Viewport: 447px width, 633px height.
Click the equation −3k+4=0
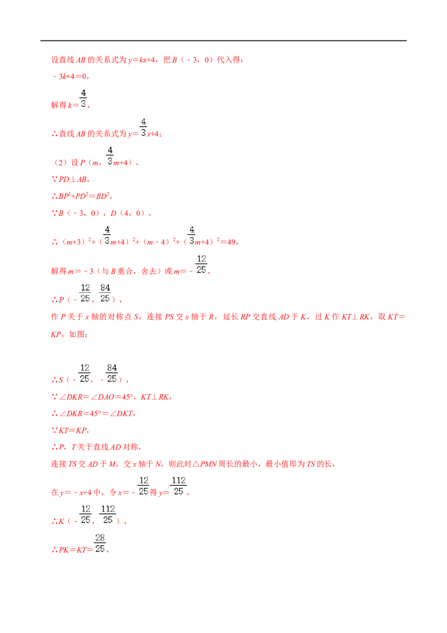[70, 76]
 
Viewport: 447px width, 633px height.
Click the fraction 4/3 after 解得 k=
[83, 98]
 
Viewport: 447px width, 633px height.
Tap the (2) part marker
[60, 163]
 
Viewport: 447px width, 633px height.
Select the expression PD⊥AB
[73, 179]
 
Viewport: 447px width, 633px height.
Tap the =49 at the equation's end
[229, 242]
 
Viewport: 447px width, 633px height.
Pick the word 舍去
[149, 271]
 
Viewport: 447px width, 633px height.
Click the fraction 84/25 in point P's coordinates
[105, 293]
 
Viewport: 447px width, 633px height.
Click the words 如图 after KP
[76, 334]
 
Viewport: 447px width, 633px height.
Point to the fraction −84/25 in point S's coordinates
[109, 374]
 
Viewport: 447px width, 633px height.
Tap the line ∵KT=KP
[70, 431]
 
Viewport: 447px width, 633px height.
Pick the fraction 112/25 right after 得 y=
[178, 486]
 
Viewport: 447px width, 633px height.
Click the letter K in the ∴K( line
[61, 521]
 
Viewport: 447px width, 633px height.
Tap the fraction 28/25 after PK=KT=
[99, 544]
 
